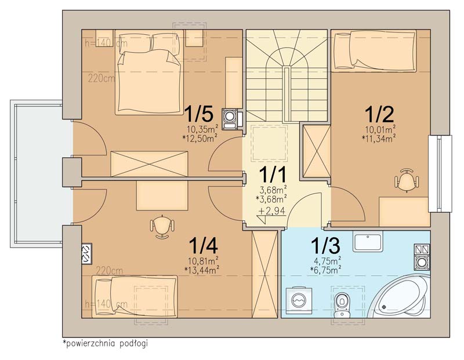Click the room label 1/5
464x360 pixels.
coord(198,114)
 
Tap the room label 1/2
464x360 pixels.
coord(379,114)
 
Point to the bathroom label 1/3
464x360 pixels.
coord(325,246)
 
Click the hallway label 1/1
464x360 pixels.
coord(273,174)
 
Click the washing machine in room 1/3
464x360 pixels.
coord(299,300)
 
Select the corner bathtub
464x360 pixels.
coord(400,296)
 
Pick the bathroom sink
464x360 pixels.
coord(368,241)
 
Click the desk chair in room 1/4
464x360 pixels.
coord(162,226)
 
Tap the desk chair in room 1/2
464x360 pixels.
coord(407,180)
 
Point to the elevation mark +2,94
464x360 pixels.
coord(271,211)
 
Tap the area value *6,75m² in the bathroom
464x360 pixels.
coord(326,269)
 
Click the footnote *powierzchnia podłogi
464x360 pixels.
coord(105,343)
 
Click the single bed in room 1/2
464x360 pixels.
coord(375,51)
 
